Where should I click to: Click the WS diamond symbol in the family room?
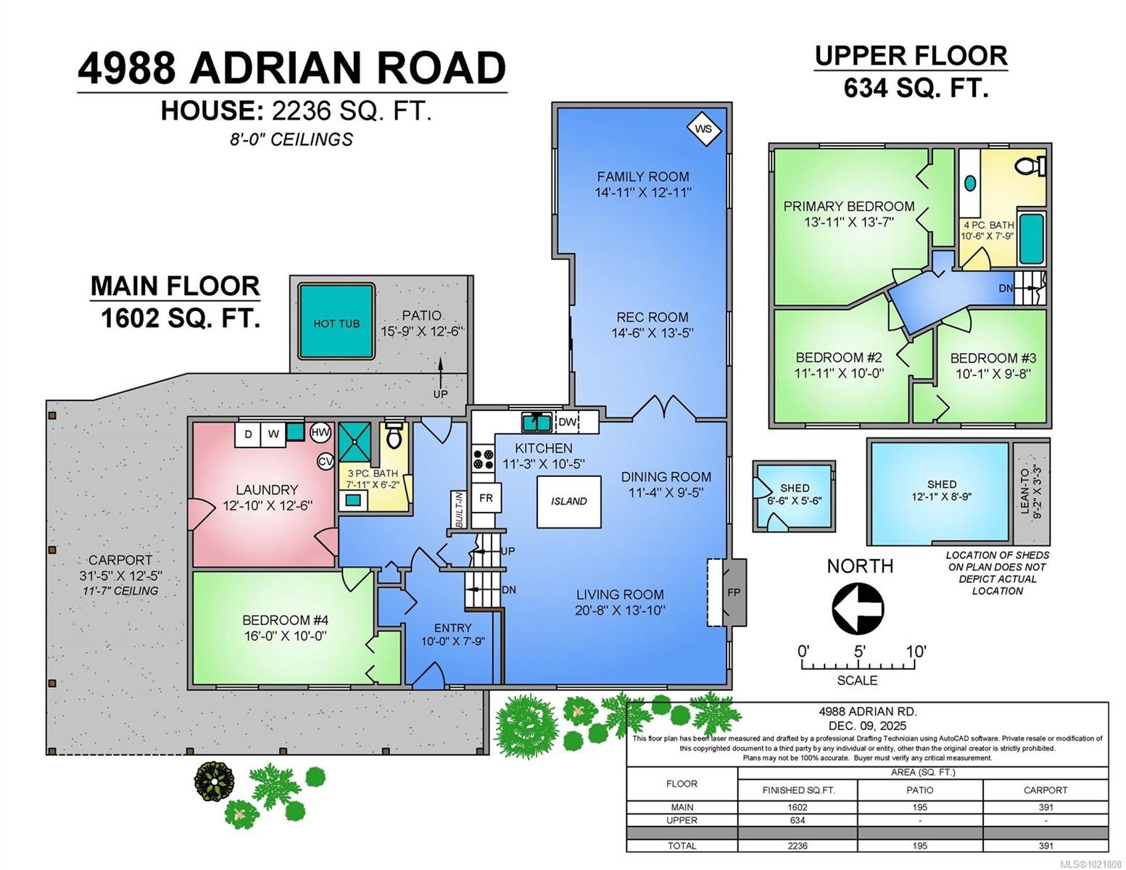(703, 130)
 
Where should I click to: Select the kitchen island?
(568, 501)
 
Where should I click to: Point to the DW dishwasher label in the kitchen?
(567, 422)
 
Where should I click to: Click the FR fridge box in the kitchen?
(486, 498)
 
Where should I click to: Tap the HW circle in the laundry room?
(320, 433)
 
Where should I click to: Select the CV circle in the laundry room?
(326, 461)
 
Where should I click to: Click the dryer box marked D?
(248, 434)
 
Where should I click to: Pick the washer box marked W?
(273, 434)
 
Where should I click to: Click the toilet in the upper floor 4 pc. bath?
(1030, 166)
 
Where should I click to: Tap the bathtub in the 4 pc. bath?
(1030, 239)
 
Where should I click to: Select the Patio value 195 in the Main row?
(919, 807)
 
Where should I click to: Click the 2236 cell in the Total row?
(797, 845)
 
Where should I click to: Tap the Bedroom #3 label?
(993, 358)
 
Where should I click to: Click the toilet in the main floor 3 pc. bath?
(394, 436)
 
